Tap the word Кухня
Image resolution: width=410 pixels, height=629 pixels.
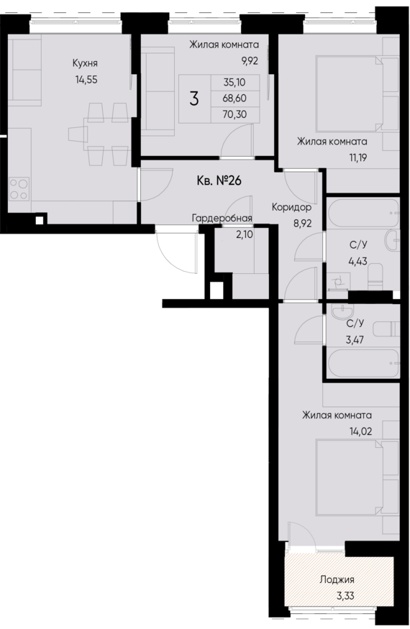(85, 63)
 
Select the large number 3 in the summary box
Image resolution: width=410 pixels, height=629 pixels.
(193, 99)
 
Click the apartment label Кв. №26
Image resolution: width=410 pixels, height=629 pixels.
(218, 180)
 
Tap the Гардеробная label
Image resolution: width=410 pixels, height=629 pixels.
(222, 218)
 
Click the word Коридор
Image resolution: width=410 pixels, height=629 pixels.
(291, 207)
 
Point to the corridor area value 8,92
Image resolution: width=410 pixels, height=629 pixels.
(292, 223)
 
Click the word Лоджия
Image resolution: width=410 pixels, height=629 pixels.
(337, 579)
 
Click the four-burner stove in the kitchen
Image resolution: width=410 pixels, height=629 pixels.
(19, 188)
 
